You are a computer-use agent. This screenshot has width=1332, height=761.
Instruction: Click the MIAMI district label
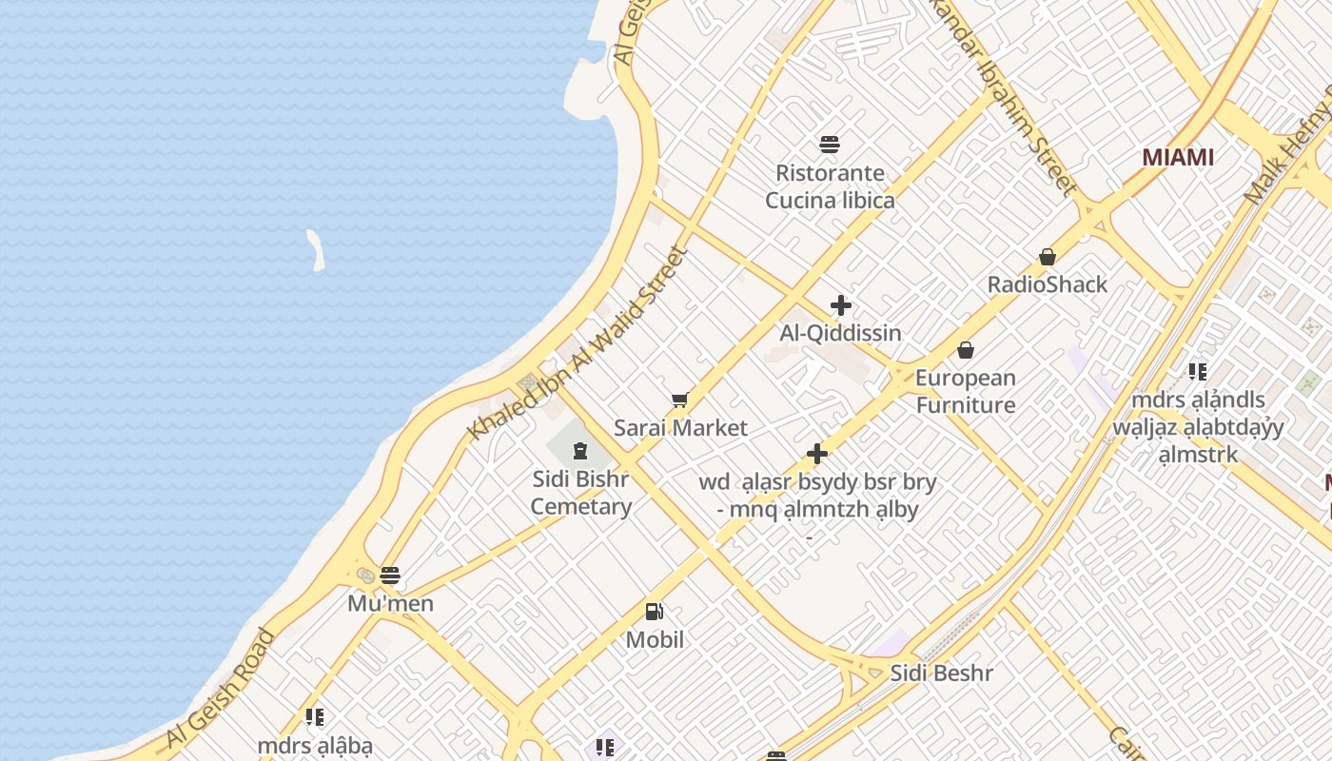pyautogui.click(x=1178, y=157)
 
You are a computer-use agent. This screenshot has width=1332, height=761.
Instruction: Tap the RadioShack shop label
pyautogui.click(x=1048, y=284)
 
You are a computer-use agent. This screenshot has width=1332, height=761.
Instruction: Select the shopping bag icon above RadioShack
pyautogui.click(x=1048, y=257)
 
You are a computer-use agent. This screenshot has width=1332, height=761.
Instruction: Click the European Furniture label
pyautogui.click(x=966, y=391)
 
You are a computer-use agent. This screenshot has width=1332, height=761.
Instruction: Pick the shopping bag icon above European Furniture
pyautogui.click(x=966, y=350)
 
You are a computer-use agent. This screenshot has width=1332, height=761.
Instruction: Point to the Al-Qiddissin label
pyautogui.click(x=840, y=333)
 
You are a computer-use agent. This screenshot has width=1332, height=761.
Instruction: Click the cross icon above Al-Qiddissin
pyautogui.click(x=841, y=305)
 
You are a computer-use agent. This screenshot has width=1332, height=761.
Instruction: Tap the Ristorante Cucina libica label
pyautogui.click(x=831, y=186)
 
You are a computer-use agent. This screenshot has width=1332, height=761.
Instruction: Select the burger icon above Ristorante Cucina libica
pyautogui.click(x=830, y=145)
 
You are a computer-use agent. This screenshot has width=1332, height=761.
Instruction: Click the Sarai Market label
pyautogui.click(x=680, y=428)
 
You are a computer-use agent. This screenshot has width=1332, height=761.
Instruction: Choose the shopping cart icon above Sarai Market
pyautogui.click(x=679, y=400)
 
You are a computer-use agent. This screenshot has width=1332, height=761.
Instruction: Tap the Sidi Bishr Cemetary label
pyautogui.click(x=581, y=492)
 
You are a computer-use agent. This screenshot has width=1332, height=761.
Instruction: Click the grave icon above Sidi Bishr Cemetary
pyautogui.click(x=580, y=449)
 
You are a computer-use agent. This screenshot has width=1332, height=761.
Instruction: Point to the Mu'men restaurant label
pyautogui.click(x=390, y=603)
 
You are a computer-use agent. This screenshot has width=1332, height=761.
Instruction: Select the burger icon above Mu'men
pyautogui.click(x=390, y=576)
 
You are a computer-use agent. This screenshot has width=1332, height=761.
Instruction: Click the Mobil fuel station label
pyautogui.click(x=655, y=639)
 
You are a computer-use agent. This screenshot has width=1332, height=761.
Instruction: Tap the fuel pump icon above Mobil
pyautogui.click(x=655, y=612)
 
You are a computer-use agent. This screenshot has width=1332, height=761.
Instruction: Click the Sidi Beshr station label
pyautogui.click(x=941, y=673)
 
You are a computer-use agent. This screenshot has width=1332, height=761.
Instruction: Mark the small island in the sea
pyautogui.click(x=315, y=249)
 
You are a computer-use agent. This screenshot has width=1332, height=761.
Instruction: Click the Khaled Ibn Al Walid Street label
pyautogui.click(x=578, y=344)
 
